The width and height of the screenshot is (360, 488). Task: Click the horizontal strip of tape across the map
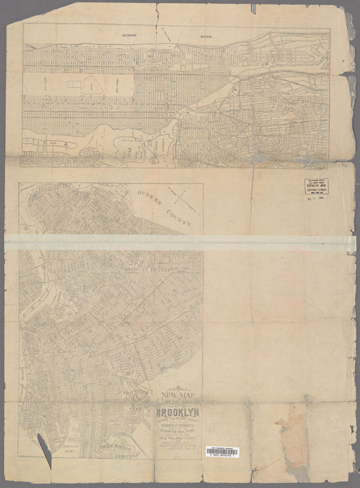180,242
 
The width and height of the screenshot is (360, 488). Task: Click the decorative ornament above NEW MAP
175,387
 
